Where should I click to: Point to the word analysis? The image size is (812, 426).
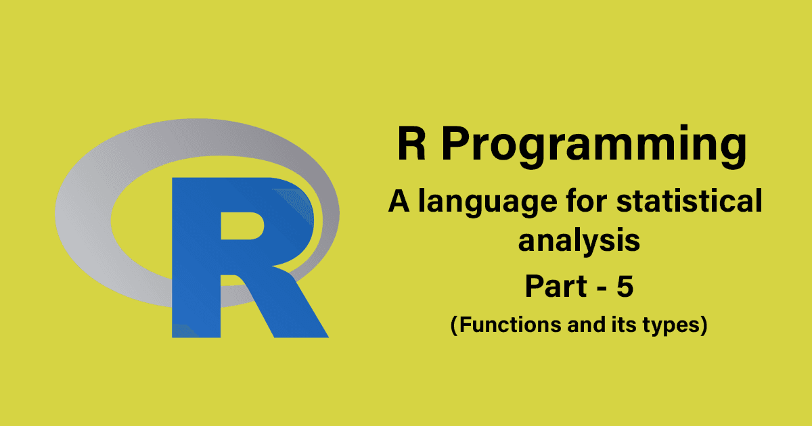(x=579, y=241)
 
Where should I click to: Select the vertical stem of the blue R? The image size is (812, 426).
(x=196, y=284)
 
